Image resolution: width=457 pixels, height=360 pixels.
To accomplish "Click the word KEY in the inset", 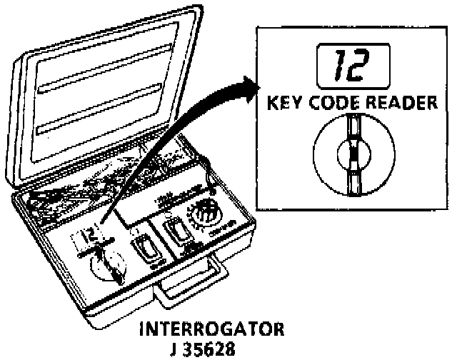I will pyautogui.click(x=284, y=104).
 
